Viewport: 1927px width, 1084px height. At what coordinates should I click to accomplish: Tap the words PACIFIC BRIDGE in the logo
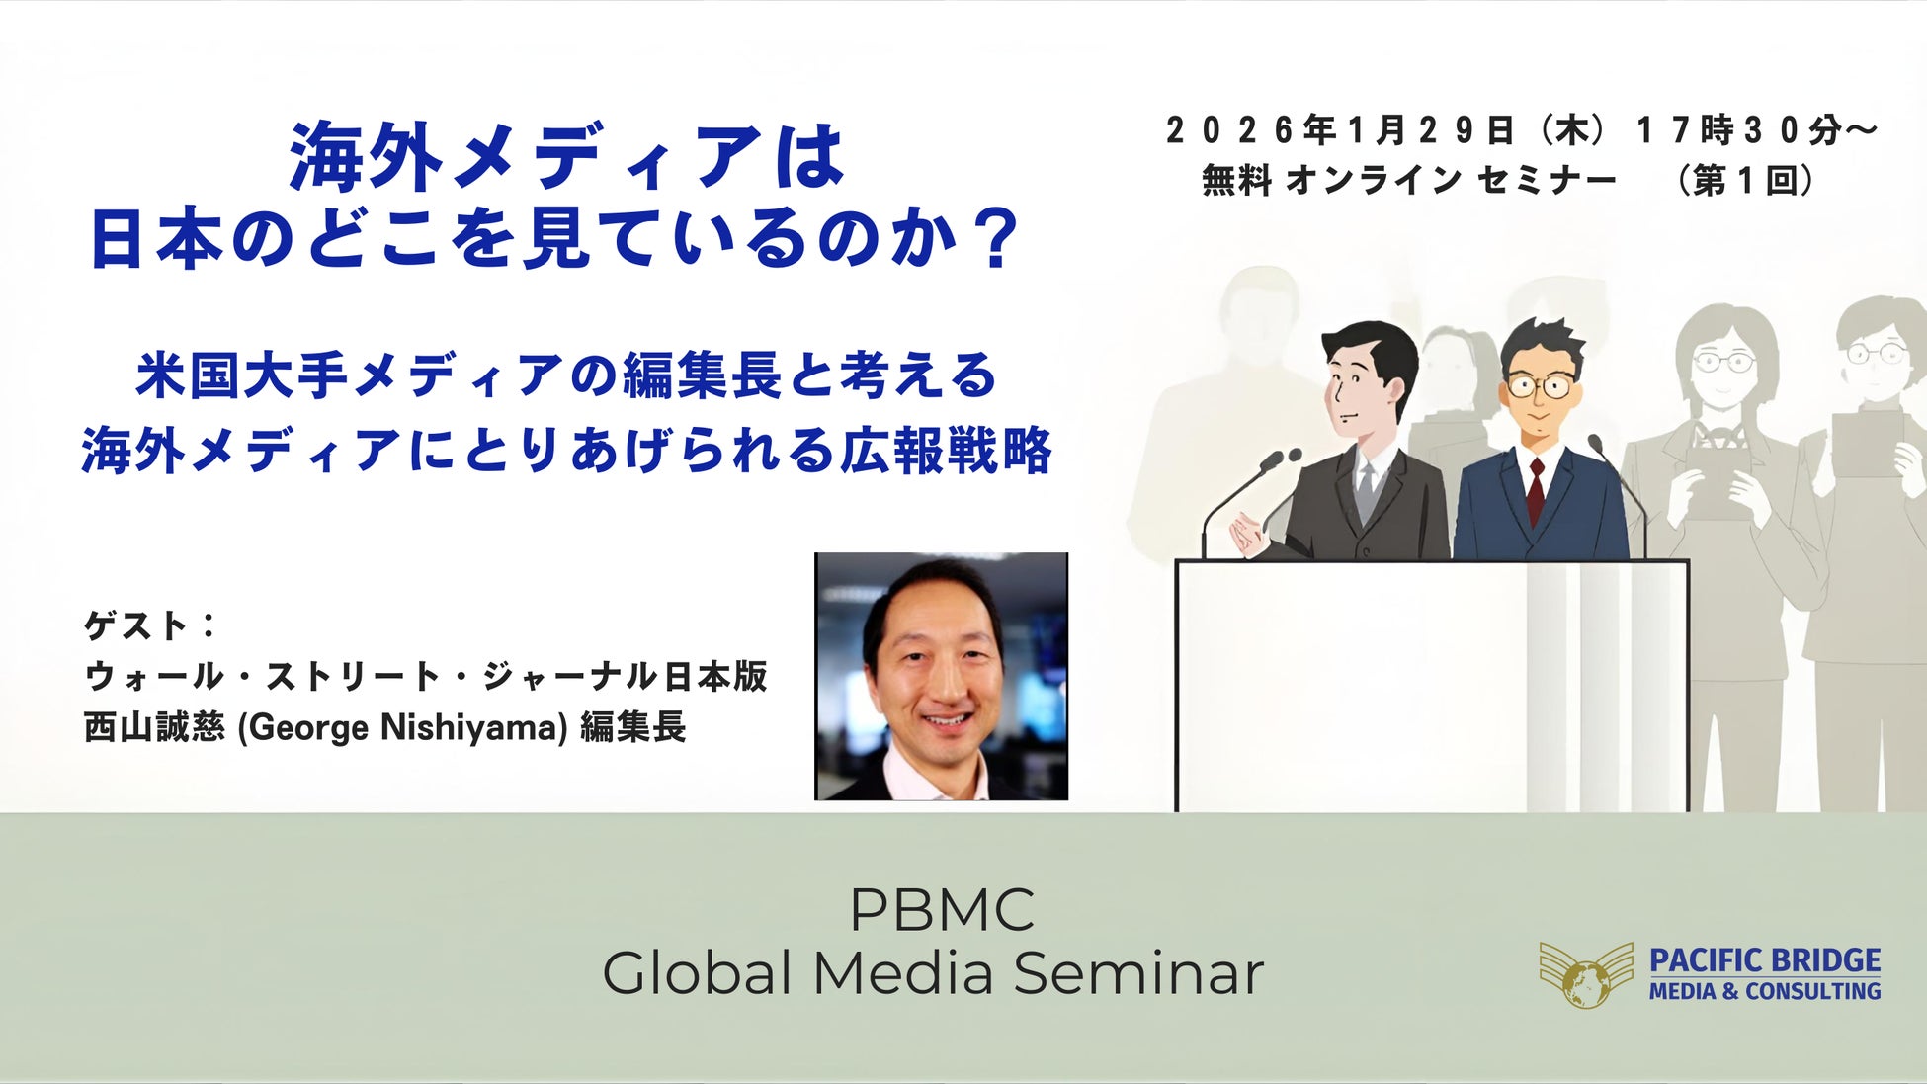pyautogui.click(x=1765, y=960)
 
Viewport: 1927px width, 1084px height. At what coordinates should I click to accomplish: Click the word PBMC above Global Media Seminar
pyautogui.click(x=942, y=909)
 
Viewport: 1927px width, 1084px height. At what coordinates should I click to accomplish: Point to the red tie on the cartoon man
pyautogui.click(x=1536, y=492)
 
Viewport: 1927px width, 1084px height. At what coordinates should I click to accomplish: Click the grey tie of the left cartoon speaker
pyautogui.click(x=1365, y=490)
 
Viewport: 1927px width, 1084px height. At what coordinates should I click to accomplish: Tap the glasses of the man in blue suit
pyautogui.click(x=1541, y=384)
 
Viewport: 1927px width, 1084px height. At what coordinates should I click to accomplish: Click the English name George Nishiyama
pyautogui.click(x=403, y=728)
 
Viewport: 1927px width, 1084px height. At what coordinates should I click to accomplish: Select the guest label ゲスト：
pyautogui.click(x=151, y=625)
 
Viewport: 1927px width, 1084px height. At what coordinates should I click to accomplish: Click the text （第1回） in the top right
pyautogui.click(x=1746, y=181)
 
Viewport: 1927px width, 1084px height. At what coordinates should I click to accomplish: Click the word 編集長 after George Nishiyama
pyautogui.click(x=632, y=728)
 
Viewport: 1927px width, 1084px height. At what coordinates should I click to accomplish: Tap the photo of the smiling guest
pyautogui.click(x=941, y=677)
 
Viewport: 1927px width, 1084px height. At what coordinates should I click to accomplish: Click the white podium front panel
pyautogui.click(x=1432, y=686)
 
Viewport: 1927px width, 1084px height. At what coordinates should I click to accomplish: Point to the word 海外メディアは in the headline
pyautogui.click(x=567, y=157)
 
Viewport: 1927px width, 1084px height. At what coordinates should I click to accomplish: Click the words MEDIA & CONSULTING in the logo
pyautogui.click(x=1765, y=991)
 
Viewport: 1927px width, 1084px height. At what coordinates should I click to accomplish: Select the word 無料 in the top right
pyautogui.click(x=1236, y=181)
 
